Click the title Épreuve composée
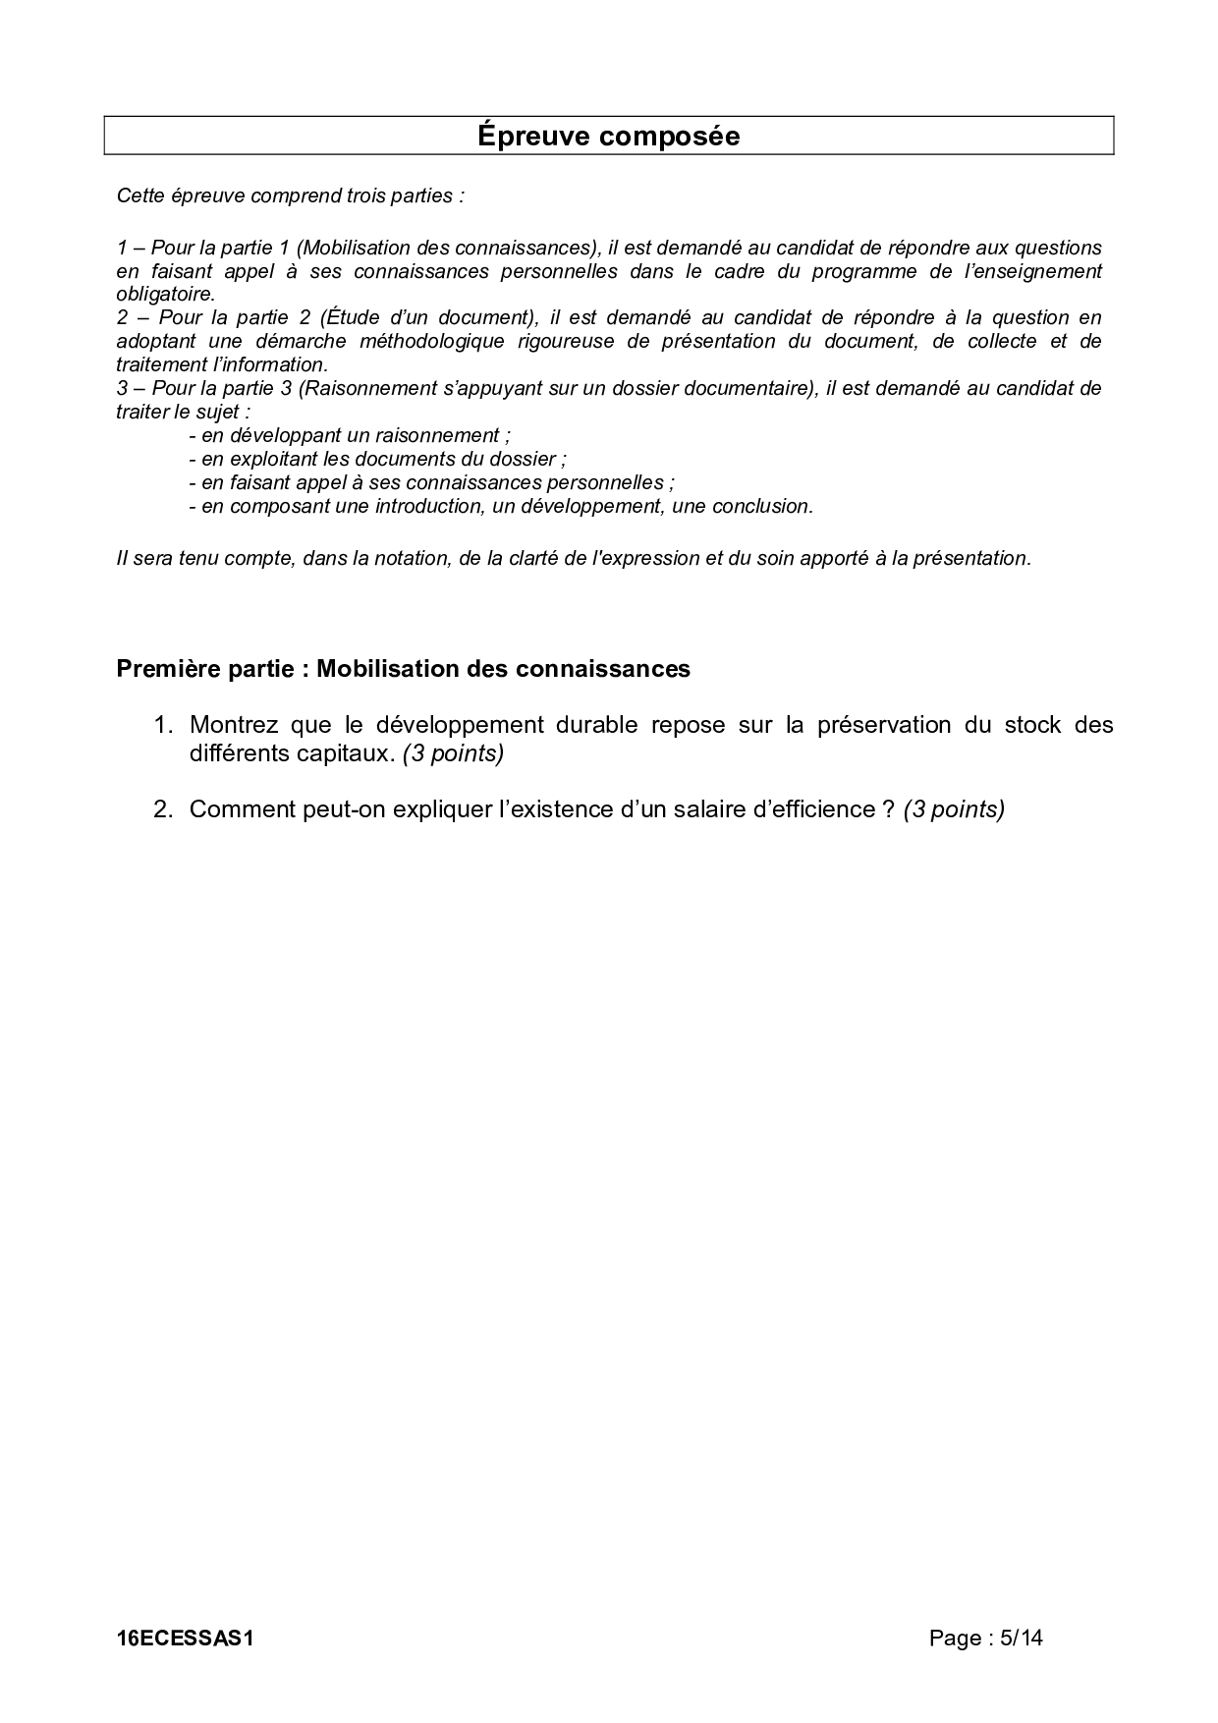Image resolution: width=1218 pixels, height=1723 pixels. coord(608,136)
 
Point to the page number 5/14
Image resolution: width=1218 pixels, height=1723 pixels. coord(1021,1638)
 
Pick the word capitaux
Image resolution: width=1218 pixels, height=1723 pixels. coord(343,753)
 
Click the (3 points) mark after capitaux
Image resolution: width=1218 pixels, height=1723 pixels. coord(453,753)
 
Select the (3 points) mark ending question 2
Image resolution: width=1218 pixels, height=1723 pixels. coord(954,809)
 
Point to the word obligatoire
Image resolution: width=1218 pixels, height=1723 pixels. coord(163,295)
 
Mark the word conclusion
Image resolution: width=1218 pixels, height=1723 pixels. coord(762,506)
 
